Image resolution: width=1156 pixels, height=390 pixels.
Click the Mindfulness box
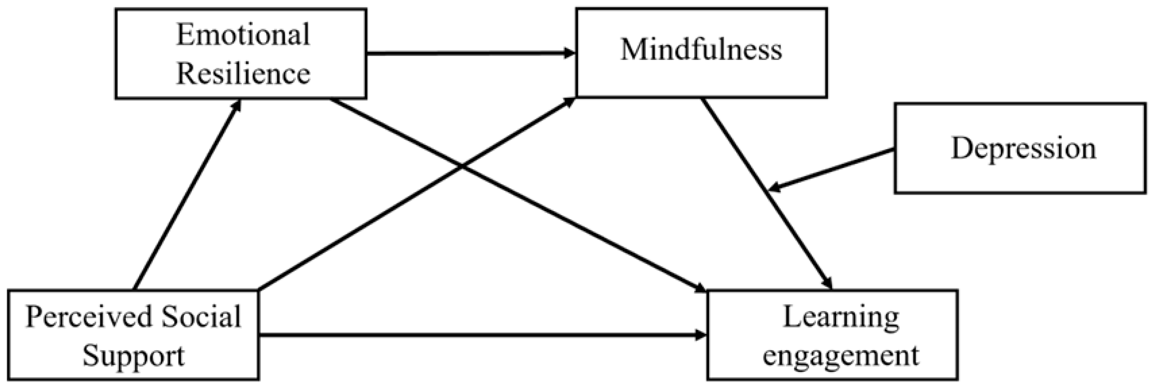tap(701, 52)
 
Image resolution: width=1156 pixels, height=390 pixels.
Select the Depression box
tap(1020, 148)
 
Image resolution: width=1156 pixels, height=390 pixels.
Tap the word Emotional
tap(243, 35)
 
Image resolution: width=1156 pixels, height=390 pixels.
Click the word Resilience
tap(243, 73)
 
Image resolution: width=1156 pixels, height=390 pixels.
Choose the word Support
tap(133, 356)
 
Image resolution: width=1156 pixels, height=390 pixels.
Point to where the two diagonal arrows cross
tap(462, 167)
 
